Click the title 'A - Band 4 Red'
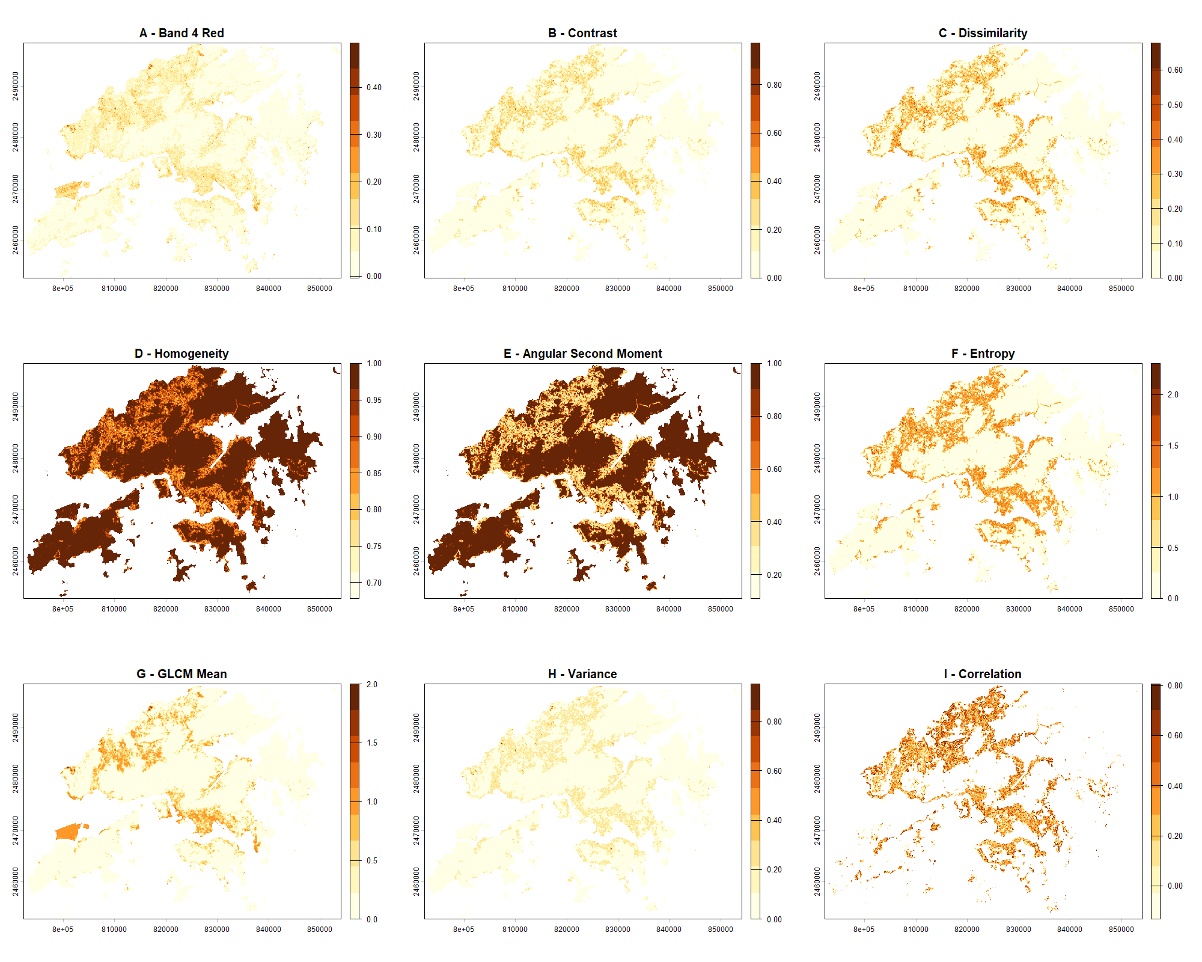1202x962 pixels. pos(182,33)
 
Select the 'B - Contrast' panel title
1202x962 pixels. pos(582,33)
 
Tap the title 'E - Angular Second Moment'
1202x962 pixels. pos(582,354)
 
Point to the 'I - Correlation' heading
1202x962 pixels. pos(983,674)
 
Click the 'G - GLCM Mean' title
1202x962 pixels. pos(182,674)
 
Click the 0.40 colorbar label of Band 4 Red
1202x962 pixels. pos(374,88)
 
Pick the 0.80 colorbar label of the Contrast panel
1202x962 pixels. pos(774,85)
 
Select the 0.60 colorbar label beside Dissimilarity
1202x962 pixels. pos(1175,70)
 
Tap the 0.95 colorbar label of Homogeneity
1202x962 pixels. pos(374,400)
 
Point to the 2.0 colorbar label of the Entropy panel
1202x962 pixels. pos(1173,395)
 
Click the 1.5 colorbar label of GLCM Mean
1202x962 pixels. pos(372,743)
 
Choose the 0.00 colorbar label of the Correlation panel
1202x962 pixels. pos(1175,886)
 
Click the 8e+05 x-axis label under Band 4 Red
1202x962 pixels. pos(63,289)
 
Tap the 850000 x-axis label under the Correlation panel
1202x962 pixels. pos(1121,930)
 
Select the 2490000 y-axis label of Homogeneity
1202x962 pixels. pos(16,407)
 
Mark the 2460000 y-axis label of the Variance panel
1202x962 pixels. pos(416,881)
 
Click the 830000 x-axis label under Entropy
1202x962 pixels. pos(1018,609)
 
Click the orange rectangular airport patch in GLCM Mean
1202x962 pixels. pos(68,832)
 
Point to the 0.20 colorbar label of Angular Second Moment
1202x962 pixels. pos(774,575)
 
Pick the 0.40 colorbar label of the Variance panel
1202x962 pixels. pos(774,821)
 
